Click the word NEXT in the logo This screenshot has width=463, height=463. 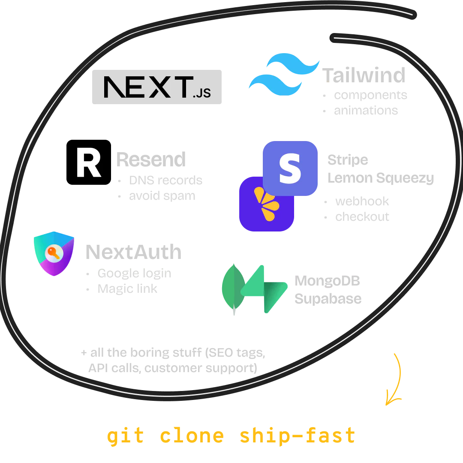147,87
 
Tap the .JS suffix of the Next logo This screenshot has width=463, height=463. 201,93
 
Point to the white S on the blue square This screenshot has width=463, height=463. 290,168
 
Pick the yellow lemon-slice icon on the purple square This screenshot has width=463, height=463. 265,204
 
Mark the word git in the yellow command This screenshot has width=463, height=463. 124,436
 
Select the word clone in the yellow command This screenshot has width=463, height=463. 192,436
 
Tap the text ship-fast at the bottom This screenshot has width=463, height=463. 298,436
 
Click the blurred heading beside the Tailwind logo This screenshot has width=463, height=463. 364,75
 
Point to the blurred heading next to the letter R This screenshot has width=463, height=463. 151,159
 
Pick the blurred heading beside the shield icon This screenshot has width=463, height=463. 133,253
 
